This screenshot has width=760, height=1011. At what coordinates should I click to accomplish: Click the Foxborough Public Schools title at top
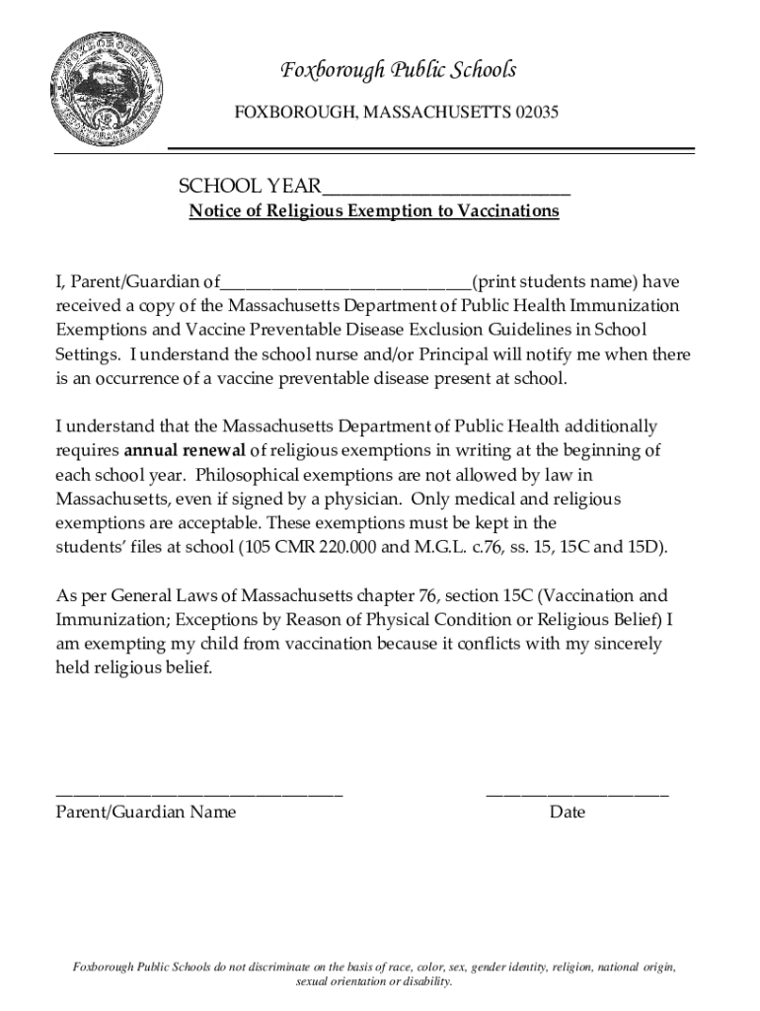[x=398, y=70]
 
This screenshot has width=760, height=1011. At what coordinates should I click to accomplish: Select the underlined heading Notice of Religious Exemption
[x=374, y=211]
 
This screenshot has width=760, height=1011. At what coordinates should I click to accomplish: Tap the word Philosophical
[x=237, y=474]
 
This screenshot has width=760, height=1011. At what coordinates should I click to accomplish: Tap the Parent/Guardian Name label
[x=146, y=813]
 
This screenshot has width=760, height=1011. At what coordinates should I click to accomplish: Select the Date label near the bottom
[x=568, y=813]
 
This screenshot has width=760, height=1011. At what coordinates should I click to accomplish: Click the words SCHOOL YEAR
[x=249, y=187]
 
